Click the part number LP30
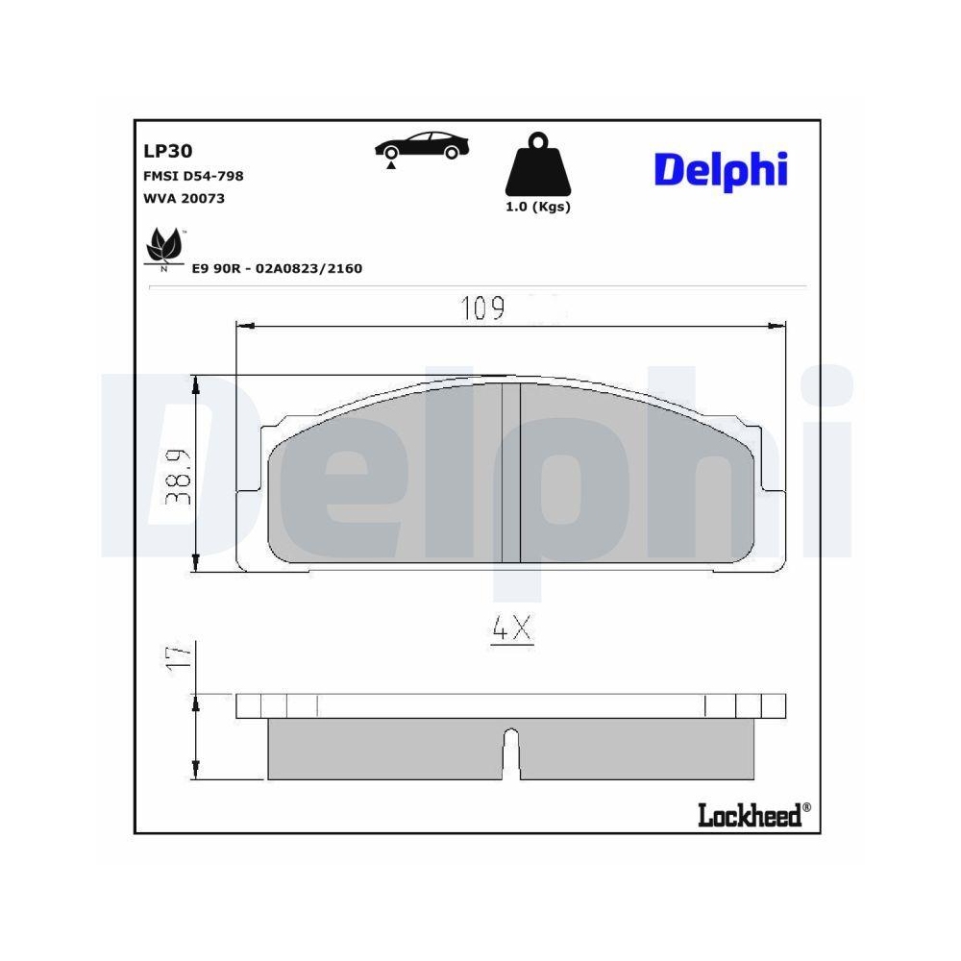(167, 151)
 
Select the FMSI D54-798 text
(192, 176)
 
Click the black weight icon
(538, 167)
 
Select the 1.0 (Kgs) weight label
(538, 207)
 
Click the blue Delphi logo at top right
(720, 170)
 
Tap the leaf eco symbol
(163, 248)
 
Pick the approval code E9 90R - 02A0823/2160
(277, 269)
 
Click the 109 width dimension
(482, 309)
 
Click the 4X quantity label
(511, 629)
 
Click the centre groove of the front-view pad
(511, 473)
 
